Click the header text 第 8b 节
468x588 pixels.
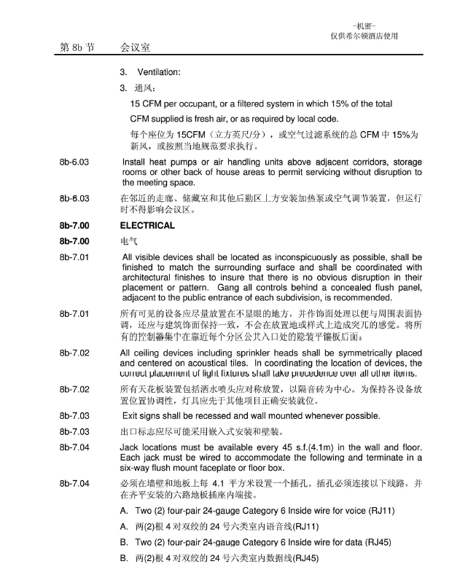pyautogui.click(x=77, y=47)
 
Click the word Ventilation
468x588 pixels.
pyautogui.click(x=158, y=72)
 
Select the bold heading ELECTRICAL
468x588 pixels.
pyautogui.click(x=147, y=226)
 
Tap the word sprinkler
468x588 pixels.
pyautogui.click(x=276, y=353)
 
